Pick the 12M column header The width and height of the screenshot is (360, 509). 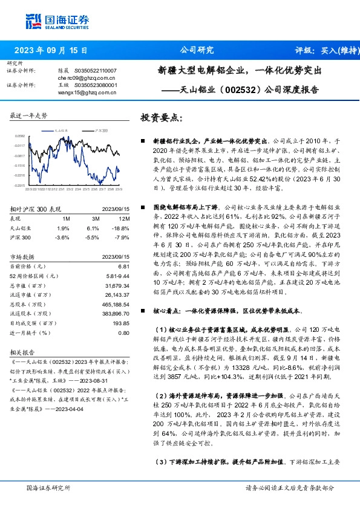[x=123, y=218]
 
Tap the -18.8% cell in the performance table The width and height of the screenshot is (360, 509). [x=122, y=227]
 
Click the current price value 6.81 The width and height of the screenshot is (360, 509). [x=124, y=266]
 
